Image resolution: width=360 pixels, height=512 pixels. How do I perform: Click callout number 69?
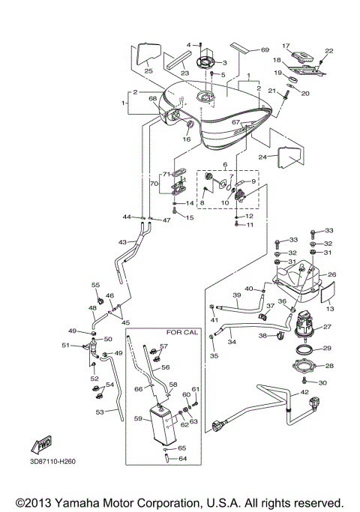coord(265,50)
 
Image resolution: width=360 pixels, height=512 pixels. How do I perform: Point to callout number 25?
coord(148,70)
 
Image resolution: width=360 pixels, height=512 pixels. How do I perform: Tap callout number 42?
coord(304,392)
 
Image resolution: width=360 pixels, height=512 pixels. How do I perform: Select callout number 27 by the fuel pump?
coord(327,327)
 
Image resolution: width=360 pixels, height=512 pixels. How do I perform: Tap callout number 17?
coord(286,46)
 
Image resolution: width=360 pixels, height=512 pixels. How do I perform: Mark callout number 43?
coord(123,242)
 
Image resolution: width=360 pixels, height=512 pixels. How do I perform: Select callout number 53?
coord(99,412)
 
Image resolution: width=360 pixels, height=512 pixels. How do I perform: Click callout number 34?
coord(232,342)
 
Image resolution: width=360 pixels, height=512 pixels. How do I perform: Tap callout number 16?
coord(187,139)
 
